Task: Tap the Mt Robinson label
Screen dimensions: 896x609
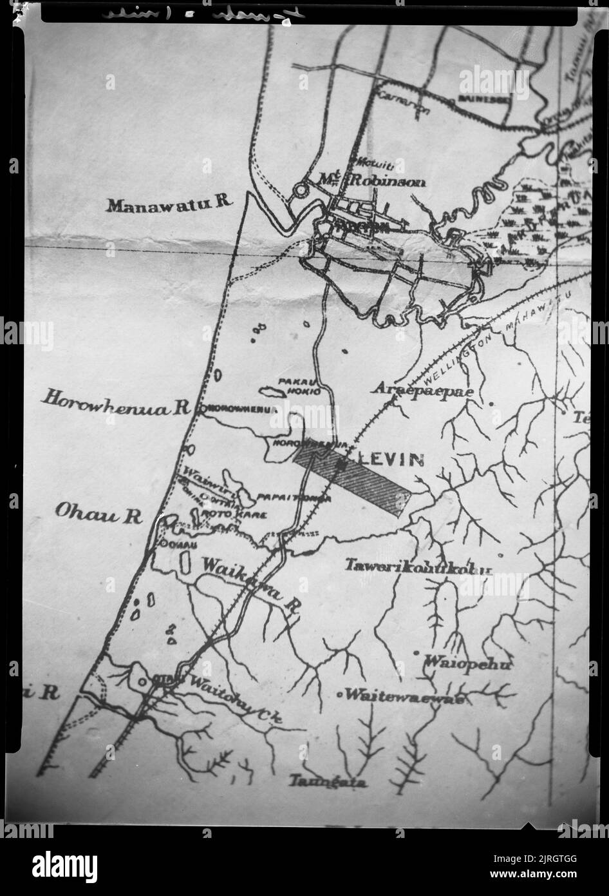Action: [373, 182]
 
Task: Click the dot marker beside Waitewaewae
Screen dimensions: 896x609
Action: [340, 695]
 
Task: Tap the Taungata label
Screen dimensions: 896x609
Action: [328, 783]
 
